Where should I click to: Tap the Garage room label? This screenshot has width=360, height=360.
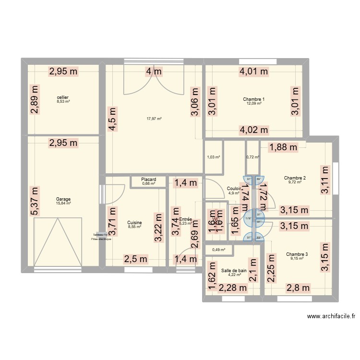63,199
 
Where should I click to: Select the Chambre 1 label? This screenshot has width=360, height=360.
254,99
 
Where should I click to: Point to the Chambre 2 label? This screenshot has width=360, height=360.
295,178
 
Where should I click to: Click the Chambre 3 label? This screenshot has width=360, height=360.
297,254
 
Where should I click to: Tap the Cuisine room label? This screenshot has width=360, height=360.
134,223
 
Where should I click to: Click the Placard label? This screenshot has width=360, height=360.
148,180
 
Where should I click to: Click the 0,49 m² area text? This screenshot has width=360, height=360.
219,249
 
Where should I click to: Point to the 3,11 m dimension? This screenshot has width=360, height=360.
325,180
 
